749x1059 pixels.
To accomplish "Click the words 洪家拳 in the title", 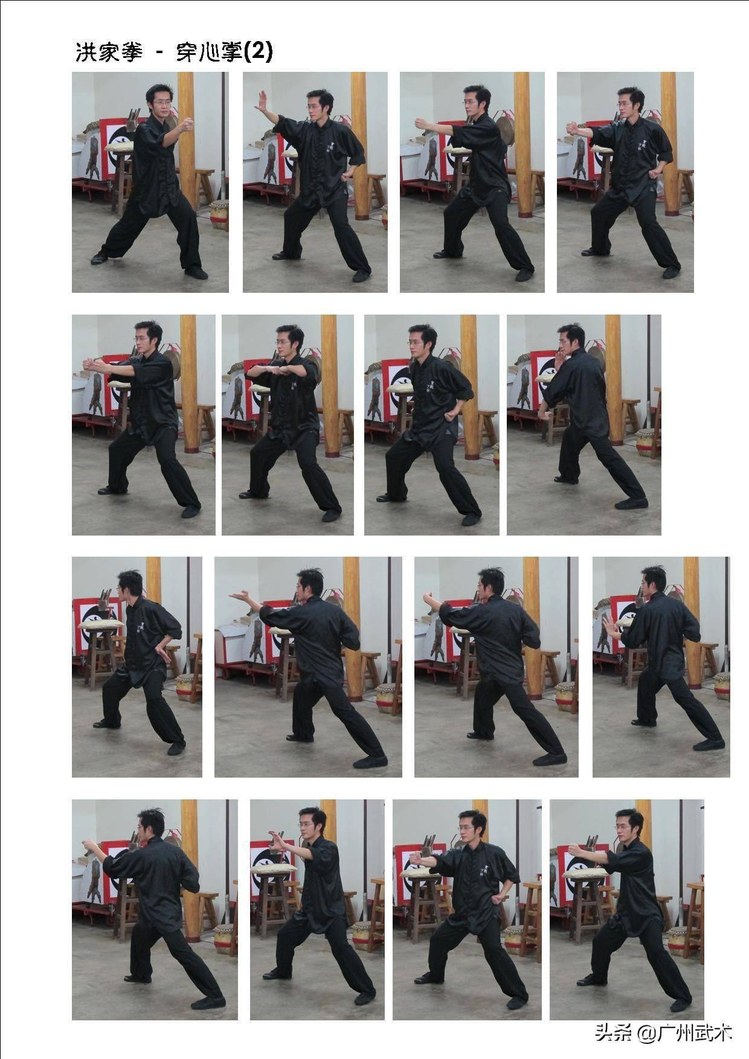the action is click(x=109, y=52).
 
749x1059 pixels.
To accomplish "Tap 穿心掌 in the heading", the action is click(x=209, y=52).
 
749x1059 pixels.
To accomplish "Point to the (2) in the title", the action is click(x=258, y=52).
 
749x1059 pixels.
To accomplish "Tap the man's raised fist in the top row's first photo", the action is click(x=187, y=124).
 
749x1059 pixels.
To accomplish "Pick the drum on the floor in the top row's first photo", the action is click(x=219, y=214).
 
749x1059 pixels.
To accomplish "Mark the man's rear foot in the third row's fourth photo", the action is click(x=709, y=744).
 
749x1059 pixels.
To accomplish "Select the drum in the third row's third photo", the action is click(x=565, y=696).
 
